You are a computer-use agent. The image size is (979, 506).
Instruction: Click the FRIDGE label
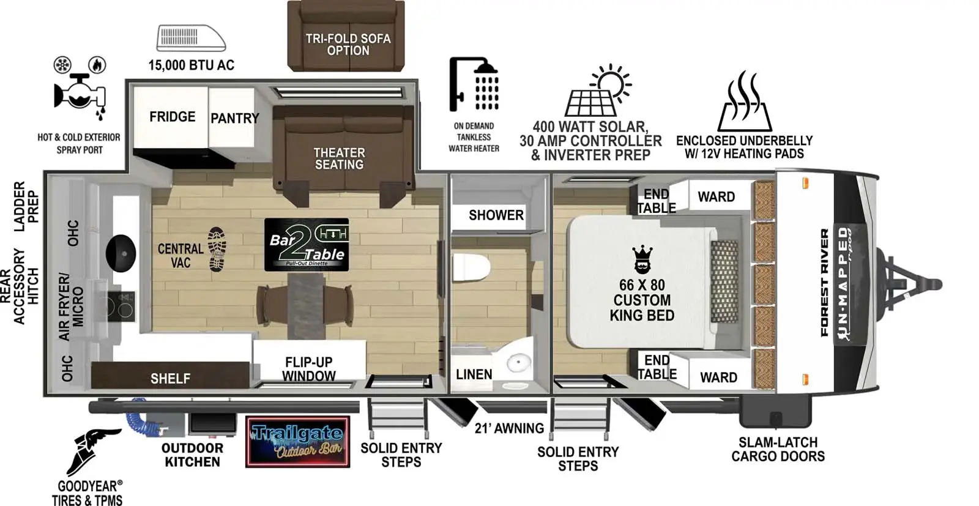coord(172,117)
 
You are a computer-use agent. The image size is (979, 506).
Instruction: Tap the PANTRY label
coord(235,118)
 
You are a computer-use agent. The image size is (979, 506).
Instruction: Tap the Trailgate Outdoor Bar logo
coord(297,442)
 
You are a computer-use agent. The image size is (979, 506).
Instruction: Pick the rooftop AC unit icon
coord(192,38)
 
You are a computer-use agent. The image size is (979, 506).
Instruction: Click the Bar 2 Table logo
coord(307,245)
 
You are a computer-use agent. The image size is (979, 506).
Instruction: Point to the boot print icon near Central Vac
coord(217,249)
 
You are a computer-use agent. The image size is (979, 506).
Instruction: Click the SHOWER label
coord(496,215)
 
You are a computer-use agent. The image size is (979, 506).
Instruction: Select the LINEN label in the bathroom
coord(474,374)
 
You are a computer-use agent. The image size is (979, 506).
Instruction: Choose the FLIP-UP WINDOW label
coord(309,369)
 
